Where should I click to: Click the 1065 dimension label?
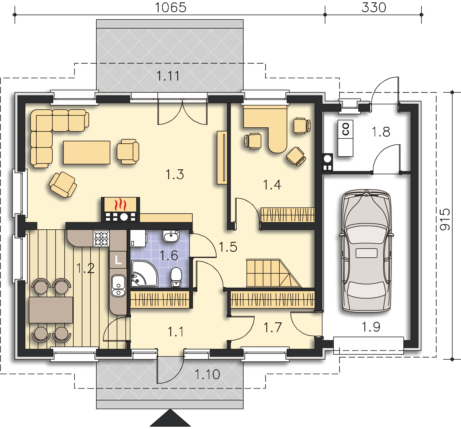tap(170, 8)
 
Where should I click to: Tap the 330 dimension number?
tap(374, 8)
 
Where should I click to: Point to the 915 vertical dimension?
tap(445, 219)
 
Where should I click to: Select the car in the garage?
tap(366, 251)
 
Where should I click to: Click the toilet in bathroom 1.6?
tap(176, 277)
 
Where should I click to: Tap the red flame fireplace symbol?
tap(120, 205)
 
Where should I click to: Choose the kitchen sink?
tap(118, 285)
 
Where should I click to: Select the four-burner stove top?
tap(101, 238)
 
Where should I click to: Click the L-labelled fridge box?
tap(118, 260)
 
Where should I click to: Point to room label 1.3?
tap(175, 175)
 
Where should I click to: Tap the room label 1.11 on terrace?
tap(168, 76)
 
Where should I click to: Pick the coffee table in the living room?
tap(87, 152)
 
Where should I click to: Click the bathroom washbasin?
tap(172, 236)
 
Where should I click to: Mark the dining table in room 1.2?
tap(51, 310)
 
